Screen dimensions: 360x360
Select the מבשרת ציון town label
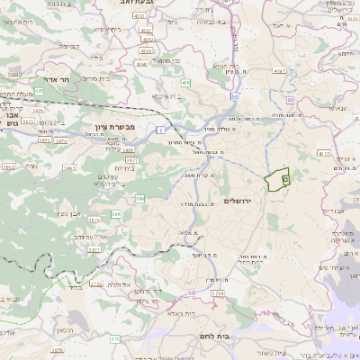coord(112,128)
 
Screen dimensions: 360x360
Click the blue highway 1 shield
coord(158,131)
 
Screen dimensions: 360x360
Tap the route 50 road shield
coord(234,95)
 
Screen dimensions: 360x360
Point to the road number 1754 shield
coord(217,292)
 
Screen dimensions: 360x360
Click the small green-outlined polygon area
coord(277,179)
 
